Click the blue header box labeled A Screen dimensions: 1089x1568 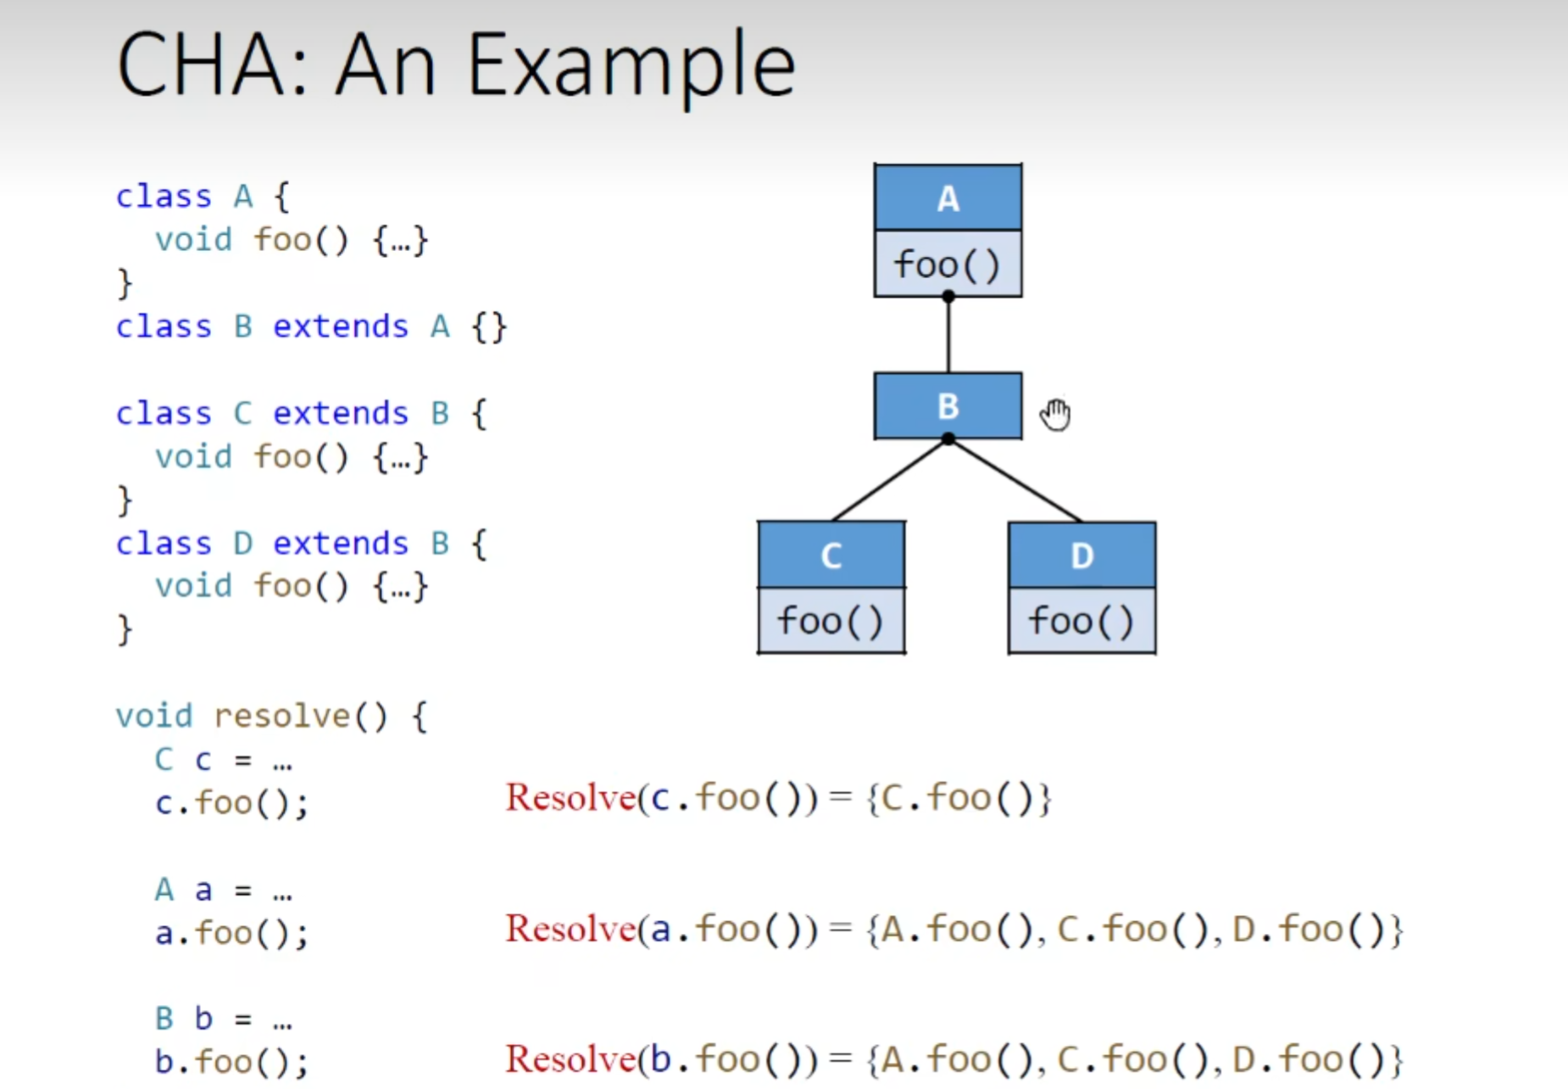pos(948,198)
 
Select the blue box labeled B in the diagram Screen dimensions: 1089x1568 pos(948,405)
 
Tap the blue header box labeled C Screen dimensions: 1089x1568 pos(831,555)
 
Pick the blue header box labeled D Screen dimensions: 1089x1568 pos(1081,555)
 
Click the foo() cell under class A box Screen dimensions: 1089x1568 pos(948,264)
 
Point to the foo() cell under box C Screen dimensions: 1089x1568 pos(831,620)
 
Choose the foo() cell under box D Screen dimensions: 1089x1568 pos(1081,620)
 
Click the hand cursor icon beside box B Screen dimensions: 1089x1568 pos(1056,414)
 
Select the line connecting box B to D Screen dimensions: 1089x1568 pos(1015,481)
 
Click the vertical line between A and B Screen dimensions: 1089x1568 pos(948,335)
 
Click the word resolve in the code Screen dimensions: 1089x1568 pos(281,716)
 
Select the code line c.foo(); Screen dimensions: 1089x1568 pos(231,802)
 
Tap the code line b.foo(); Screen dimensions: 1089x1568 pos(231,1061)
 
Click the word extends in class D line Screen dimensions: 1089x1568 pos(340,543)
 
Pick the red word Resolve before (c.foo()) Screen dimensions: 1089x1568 pos(570,797)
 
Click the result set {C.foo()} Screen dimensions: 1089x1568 pos(958,798)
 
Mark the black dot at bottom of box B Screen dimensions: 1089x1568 pos(948,438)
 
